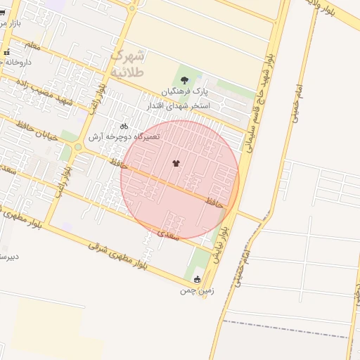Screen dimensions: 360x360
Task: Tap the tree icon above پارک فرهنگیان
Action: [184, 80]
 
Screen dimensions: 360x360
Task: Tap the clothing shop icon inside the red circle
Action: [175, 163]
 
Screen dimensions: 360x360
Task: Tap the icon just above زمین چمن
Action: [197, 278]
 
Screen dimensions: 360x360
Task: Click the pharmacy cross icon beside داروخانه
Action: [6, 53]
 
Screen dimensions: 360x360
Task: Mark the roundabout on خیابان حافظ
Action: [78, 147]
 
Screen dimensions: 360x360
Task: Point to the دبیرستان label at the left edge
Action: [8, 257]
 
